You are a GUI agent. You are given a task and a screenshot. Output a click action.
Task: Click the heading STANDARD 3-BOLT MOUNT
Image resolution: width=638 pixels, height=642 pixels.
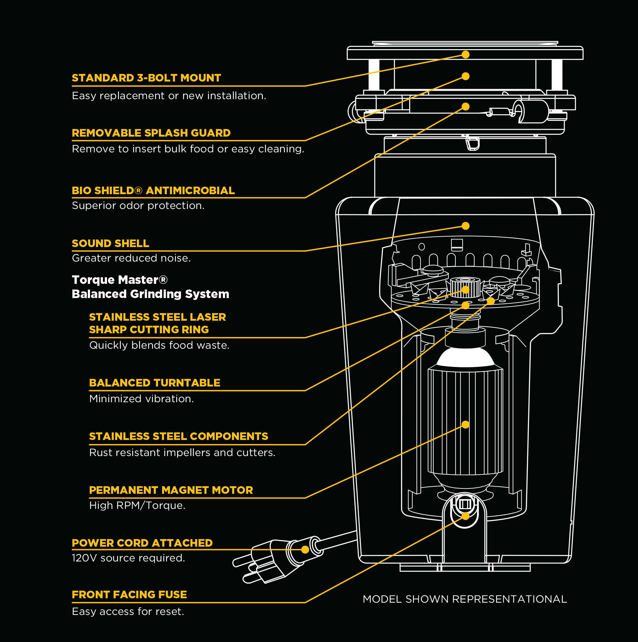point(146,78)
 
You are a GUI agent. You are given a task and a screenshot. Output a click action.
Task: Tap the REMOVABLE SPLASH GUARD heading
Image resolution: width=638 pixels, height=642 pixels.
point(151,133)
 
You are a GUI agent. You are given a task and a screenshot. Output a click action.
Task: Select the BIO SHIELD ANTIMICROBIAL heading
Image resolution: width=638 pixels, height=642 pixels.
point(153,190)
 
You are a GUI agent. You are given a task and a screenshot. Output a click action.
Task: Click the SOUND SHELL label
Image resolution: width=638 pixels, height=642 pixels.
point(110,243)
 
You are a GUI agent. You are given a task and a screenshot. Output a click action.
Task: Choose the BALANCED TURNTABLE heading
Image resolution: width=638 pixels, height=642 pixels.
point(155,383)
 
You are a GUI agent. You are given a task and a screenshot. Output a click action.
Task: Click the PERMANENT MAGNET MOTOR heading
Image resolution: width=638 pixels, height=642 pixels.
point(171,490)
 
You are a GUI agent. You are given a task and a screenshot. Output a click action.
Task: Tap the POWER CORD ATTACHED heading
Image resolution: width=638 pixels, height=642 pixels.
point(142,543)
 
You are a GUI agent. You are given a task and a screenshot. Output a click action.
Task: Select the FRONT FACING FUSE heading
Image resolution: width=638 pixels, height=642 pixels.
point(129,594)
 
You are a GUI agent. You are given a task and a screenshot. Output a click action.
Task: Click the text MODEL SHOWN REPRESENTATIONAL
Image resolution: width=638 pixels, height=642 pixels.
point(465,599)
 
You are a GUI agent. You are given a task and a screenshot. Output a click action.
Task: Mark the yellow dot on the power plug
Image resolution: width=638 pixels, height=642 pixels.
point(305,549)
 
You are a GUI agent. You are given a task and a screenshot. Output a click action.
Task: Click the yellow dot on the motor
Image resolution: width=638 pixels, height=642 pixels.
point(466,425)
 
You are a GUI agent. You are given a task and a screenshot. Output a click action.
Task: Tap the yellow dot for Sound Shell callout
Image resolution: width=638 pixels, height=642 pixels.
point(466,226)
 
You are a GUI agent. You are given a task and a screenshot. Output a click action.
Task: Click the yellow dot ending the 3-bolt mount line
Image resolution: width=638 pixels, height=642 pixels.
point(466,54)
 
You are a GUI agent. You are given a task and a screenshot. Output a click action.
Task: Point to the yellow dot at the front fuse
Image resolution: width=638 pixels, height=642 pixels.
point(466,516)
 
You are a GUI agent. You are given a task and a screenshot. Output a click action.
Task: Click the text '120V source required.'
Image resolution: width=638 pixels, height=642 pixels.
point(128,558)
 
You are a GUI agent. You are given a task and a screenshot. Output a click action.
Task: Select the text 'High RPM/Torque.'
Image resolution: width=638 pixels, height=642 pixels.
point(137,505)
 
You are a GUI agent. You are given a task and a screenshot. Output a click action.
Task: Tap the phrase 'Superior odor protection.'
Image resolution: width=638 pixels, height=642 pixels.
point(138,206)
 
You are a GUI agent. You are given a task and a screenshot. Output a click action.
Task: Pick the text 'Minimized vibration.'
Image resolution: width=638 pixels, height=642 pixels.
point(142,399)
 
